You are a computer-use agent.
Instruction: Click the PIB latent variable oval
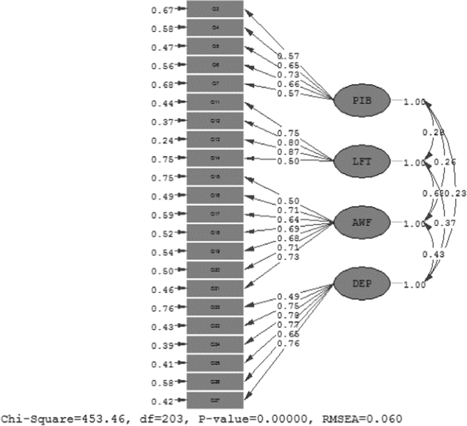[362, 100]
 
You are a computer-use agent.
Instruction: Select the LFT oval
[362, 161]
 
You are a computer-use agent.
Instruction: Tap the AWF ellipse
[362, 222]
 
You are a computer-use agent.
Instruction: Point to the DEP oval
[362, 283]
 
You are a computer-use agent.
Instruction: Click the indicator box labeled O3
[215, 9]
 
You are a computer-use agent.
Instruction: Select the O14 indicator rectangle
[215, 158]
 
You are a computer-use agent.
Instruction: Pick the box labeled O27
[215, 400]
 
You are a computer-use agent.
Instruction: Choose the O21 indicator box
[215, 288]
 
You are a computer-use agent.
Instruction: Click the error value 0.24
[162, 140]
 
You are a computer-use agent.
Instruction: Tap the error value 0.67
[162, 10]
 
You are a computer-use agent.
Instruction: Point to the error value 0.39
[162, 346]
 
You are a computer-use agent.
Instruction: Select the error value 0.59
[162, 215]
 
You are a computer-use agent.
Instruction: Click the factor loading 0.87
[288, 152]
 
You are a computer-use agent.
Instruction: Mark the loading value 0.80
[288, 143]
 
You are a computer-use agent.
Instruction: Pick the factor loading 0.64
[288, 220]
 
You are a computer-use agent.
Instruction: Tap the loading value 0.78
[288, 315]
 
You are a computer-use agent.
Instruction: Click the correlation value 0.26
[445, 162]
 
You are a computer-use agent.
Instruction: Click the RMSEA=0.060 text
[362, 419]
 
